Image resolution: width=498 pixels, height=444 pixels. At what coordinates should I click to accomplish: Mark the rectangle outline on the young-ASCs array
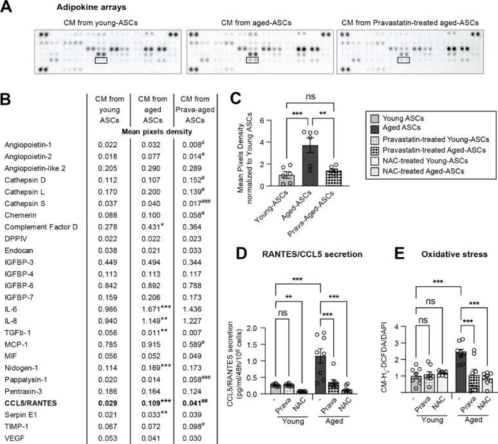[x=102, y=61]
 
